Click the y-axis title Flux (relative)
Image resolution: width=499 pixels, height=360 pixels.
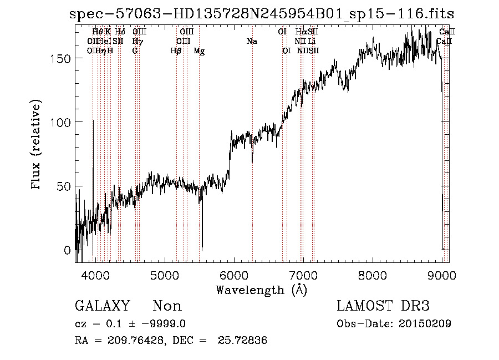[x=37, y=145]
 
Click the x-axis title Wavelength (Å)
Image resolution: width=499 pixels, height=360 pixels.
[x=261, y=290]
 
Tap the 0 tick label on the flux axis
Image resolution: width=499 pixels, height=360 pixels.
[x=68, y=250]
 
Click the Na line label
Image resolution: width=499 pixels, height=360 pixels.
[x=252, y=41]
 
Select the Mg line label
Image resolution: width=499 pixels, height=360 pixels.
[x=199, y=51]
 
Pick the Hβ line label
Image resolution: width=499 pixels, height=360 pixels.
[x=176, y=51]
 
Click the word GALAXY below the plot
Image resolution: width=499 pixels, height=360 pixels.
[x=102, y=306]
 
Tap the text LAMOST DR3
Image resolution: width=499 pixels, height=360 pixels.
[x=383, y=306]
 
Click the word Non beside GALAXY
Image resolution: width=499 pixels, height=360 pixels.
[x=167, y=306]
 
